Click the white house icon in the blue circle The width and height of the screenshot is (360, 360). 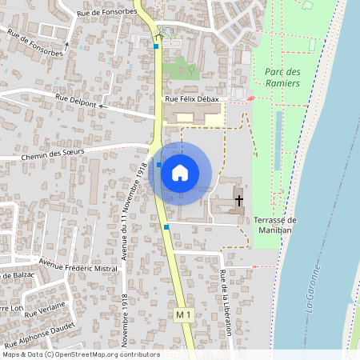(180, 172)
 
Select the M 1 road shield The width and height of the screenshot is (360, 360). (184, 316)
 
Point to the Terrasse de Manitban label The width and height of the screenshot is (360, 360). (274, 225)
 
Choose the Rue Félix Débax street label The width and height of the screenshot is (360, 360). (191, 99)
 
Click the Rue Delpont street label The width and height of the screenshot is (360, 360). (77, 100)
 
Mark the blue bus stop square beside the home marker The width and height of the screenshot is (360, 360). (159, 165)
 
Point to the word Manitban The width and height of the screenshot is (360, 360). (274, 230)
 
